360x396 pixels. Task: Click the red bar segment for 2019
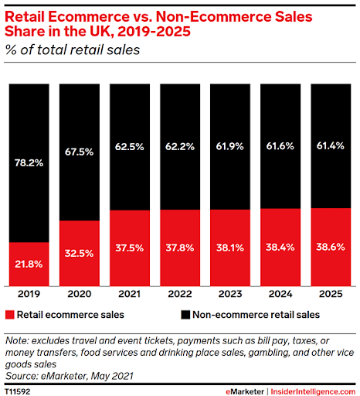pyautogui.click(x=29, y=264)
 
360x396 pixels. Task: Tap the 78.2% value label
pyautogui.click(x=29, y=162)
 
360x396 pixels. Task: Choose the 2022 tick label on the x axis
pyautogui.click(x=179, y=295)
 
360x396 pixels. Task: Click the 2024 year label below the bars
pyautogui.click(x=280, y=295)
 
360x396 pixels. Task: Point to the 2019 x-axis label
pyautogui.click(x=29, y=295)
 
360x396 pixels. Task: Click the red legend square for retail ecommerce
pyautogui.click(x=11, y=316)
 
